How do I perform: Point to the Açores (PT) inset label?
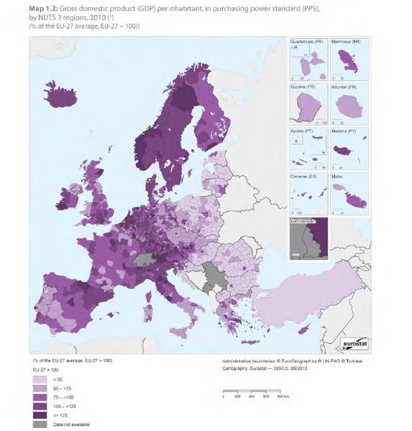[303, 130]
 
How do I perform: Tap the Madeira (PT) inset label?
[345, 130]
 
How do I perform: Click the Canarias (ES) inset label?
[305, 175]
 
